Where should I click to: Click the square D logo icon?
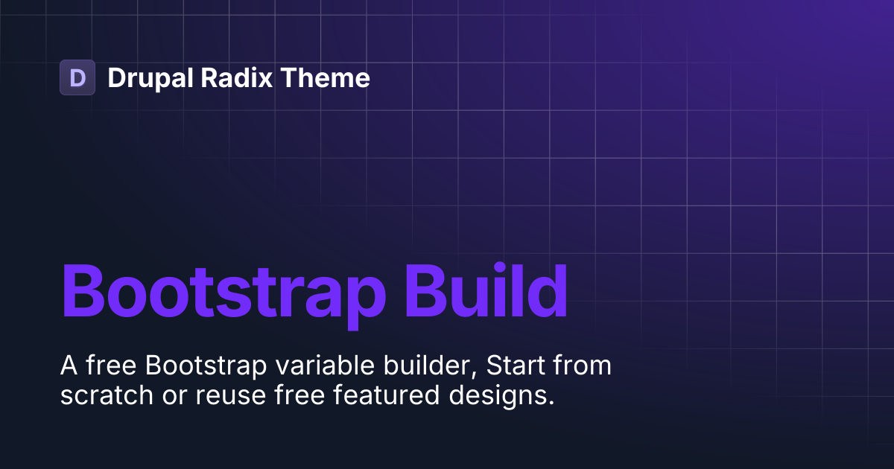pyautogui.click(x=77, y=77)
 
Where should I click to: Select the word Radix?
pyautogui.click(x=237, y=77)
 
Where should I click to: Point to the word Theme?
pyautogui.click(x=325, y=77)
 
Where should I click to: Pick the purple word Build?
pyautogui.click(x=486, y=290)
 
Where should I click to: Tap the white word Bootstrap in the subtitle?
pyautogui.click(x=206, y=366)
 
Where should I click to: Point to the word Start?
pyautogui.click(x=516, y=366)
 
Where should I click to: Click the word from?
pyautogui.click(x=582, y=365)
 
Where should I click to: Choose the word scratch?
pyautogui.click(x=107, y=395)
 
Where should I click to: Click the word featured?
pyautogui.click(x=387, y=395)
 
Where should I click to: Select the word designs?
pyautogui.click(x=498, y=396)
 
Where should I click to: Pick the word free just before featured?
pyautogui.click(x=299, y=395)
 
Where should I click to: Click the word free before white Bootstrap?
pyautogui.click(x=111, y=365)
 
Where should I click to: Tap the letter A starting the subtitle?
pyautogui.click(x=69, y=366)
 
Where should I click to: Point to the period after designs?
pyautogui.click(x=551, y=403)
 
